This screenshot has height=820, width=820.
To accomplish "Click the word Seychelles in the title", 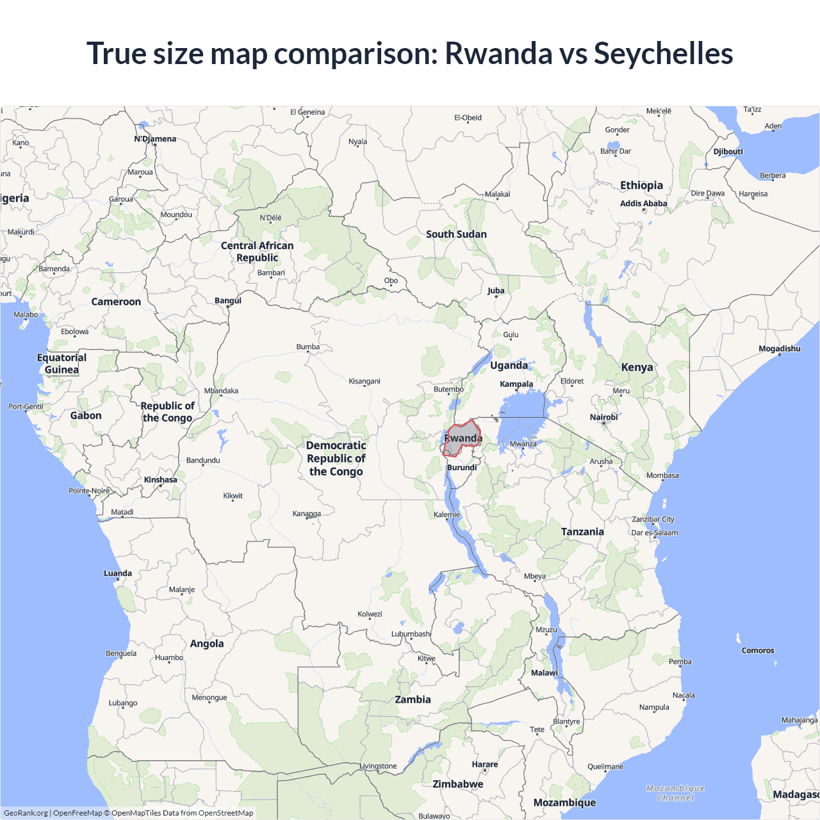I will pyautogui.click(x=663, y=53).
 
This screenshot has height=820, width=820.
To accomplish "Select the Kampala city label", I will pyautogui.click(x=516, y=384).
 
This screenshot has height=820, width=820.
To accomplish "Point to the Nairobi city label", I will pyautogui.click(x=603, y=418).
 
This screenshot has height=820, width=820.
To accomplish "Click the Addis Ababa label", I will pyautogui.click(x=643, y=204).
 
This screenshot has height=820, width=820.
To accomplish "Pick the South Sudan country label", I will pyautogui.click(x=456, y=234).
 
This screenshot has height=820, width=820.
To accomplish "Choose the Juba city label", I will pyautogui.click(x=496, y=291).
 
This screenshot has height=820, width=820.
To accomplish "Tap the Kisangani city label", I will pyautogui.click(x=365, y=381).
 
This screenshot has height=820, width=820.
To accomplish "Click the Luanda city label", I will pyautogui.click(x=118, y=573).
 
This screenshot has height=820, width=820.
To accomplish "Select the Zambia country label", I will pyautogui.click(x=413, y=700).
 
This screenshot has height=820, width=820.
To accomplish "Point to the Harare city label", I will pyautogui.click(x=484, y=764).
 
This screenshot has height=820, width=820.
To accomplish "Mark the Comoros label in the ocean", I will pyautogui.click(x=758, y=650).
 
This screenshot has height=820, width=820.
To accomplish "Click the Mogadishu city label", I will pyautogui.click(x=780, y=349).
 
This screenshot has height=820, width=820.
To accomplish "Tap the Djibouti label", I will pyautogui.click(x=728, y=152).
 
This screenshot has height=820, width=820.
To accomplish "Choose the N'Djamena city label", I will pyautogui.click(x=155, y=139).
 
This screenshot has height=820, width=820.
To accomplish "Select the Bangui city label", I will pyautogui.click(x=228, y=301).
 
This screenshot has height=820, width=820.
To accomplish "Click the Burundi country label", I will pyautogui.click(x=462, y=468).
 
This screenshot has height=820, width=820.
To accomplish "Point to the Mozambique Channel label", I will pyautogui.click(x=675, y=793).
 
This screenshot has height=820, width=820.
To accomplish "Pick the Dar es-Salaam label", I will pyautogui.click(x=655, y=533).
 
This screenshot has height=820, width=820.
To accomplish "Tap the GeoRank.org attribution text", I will pyautogui.click(x=26, y=813).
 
